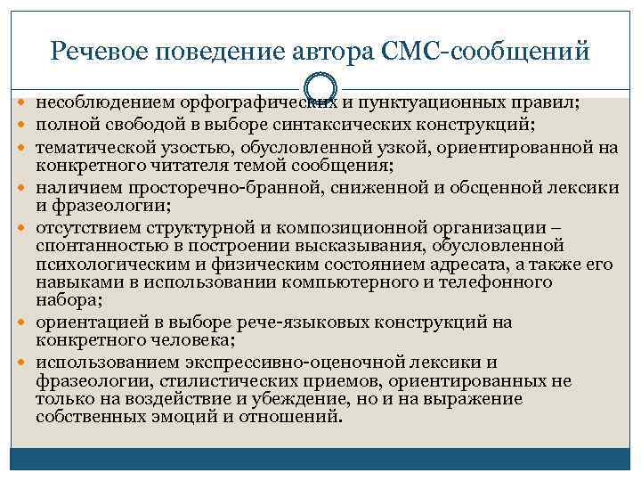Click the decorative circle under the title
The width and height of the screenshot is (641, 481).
click(x=321, y=87)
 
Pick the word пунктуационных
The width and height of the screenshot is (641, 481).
click(x=427, y=103)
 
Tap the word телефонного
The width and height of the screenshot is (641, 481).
click(x=504, y=282)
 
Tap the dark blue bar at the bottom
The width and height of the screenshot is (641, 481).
click(x=320, y=461)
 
